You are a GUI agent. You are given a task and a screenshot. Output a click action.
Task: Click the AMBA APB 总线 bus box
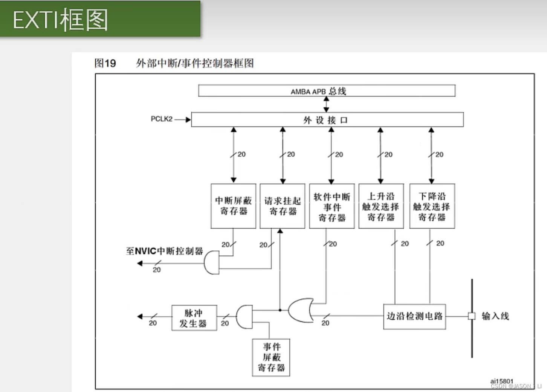tap(327, 91)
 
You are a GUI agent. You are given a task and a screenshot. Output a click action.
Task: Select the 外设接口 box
tap(327, 120)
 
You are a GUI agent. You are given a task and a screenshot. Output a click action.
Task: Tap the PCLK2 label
tap(162, 119)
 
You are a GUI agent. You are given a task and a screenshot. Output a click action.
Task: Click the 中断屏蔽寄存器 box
tap(233, 206)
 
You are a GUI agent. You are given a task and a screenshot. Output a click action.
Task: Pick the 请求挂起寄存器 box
tap(282, 206)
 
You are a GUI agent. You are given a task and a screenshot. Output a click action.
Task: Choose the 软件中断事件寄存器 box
tap(332, 206)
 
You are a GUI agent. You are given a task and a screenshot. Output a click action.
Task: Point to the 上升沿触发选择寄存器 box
tap(381, 206)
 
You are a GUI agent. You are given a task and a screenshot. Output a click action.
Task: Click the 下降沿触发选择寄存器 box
tap(432, 206)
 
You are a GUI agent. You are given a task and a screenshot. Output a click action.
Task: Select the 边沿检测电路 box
tap(414, 316)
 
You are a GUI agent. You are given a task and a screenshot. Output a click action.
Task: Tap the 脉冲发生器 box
tap(194, 318)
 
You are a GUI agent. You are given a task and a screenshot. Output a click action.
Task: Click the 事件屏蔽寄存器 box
tap(271, 357)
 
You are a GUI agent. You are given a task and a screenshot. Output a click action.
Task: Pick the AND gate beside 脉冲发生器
tap(244, 317)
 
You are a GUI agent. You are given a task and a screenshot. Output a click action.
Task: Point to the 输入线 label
tap(495, 316)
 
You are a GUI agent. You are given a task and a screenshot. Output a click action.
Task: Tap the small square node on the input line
tap(472, 316)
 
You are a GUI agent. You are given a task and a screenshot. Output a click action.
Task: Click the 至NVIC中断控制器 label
tap(165, 251)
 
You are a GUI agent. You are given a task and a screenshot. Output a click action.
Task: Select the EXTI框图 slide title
tap(60, 20)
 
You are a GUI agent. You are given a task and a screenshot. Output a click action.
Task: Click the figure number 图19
tap(105, 63)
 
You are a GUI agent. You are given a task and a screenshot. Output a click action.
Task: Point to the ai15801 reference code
tap(501, 381)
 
